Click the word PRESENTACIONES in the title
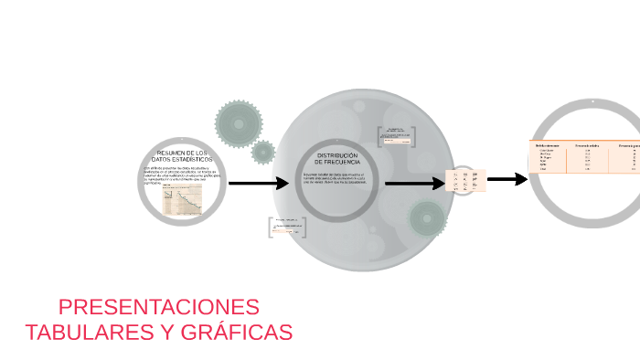pyautogui.click(x=158, y=307)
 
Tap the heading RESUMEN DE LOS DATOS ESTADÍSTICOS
pyautogui.click(x=182, y=156)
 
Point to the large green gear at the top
pyautogui.click(x=238, y=122)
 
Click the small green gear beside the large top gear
pyautogui.click(x=263, y=152)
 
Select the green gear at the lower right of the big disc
pyautogui.click(x=427, y=218)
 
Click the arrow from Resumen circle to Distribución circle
pyautogui.click(x=258, y=183)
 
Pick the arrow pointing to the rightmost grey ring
pyautogui.click(x=507, y=178)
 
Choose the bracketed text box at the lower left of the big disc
pyautogui.click(x=287, y=227)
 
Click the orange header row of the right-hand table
pyautogui.click(x=585, y=144)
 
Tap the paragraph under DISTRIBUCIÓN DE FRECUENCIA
pyautogui.click(x=334, y=178)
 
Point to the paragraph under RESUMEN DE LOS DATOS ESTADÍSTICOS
pyautogui.click(x=181, y=175)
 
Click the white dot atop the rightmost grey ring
pyautogui.click(x=593, y=102)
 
